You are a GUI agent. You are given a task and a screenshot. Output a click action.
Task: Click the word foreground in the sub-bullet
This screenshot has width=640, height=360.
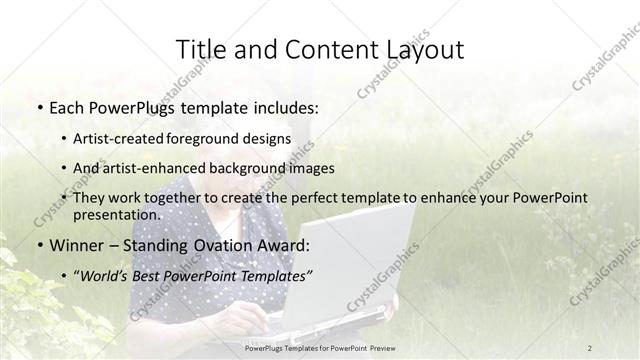click(214, 138)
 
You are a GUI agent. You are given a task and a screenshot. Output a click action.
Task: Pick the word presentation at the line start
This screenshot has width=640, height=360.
click(116, 215)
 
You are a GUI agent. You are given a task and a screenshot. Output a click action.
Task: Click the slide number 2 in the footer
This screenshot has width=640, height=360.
click(590, 348)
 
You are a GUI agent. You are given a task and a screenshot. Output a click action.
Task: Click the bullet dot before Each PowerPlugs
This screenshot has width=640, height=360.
click(39, 107)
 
